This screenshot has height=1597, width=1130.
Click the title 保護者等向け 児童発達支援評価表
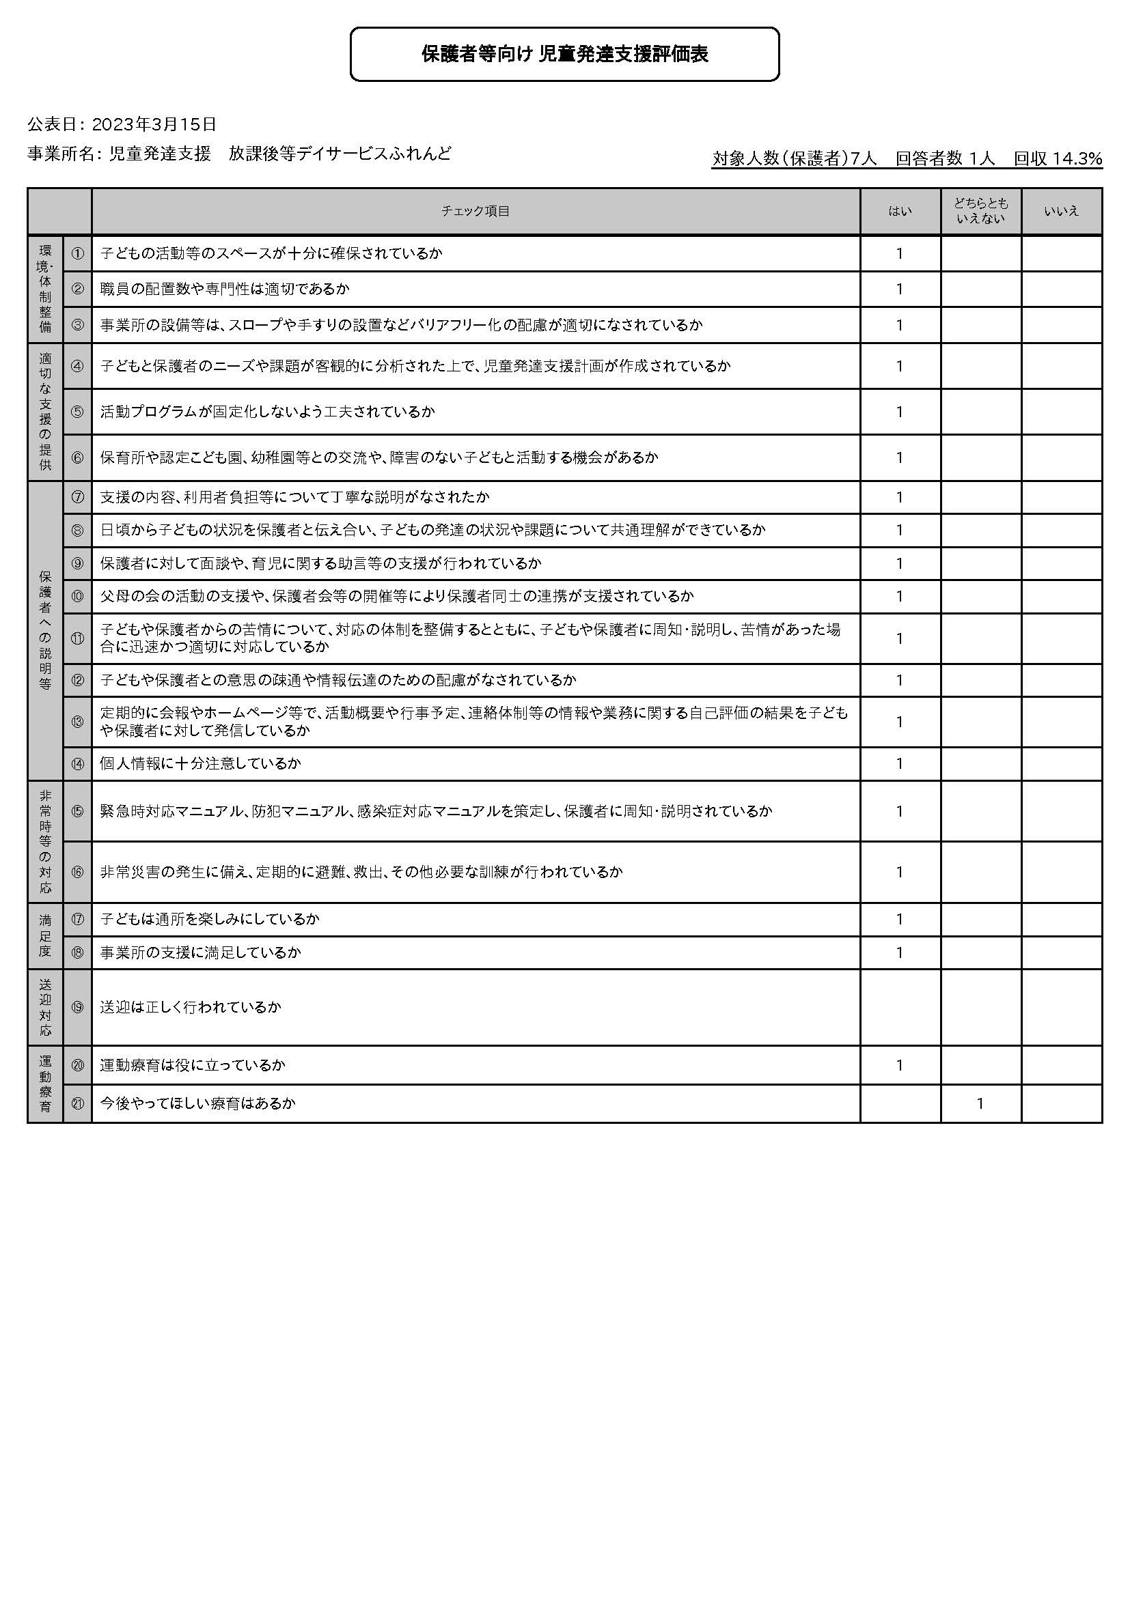coord(564,54)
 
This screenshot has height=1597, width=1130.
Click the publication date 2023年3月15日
coord(154,124)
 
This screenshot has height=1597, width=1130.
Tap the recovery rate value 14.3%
coord(1077,158)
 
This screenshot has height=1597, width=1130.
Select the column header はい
coord(900,211)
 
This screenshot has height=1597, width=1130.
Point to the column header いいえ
coord(1061,211)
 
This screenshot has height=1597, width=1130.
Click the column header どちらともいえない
coord(980,211)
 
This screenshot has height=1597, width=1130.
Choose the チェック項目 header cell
coord(476,211)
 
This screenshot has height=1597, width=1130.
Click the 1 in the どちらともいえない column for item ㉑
coord(980,1103)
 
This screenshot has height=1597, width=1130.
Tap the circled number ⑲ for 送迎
coord(77,1007)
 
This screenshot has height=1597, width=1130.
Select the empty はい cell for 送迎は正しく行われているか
coord(900,1007)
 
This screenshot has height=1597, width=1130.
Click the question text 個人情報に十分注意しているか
coord(200,764)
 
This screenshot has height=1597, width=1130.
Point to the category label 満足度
coord(45,935)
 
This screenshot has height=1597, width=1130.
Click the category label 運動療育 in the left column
coord(45,1084)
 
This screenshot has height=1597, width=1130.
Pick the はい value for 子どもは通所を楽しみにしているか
coord(900,920)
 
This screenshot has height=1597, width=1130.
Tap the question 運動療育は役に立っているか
coord(192,1065)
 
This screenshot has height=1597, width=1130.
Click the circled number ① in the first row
coord(77,253)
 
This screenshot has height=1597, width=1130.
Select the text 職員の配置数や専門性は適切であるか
coord(225,289)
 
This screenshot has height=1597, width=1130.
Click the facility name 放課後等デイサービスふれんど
coord(340,154)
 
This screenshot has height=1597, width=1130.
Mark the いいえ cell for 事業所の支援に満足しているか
coord(1061,952)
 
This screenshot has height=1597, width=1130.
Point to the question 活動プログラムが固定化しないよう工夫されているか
coord(267,412)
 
